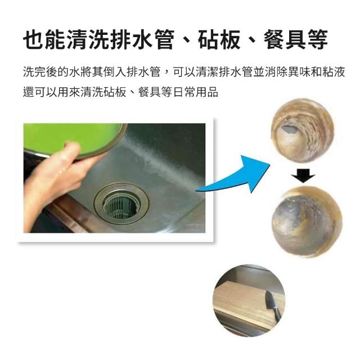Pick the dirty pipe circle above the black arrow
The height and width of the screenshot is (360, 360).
[x=303, y=130]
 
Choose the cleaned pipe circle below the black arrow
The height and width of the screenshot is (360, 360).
[x=307, y=222]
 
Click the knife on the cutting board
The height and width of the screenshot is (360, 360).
[x=272, y=304]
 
